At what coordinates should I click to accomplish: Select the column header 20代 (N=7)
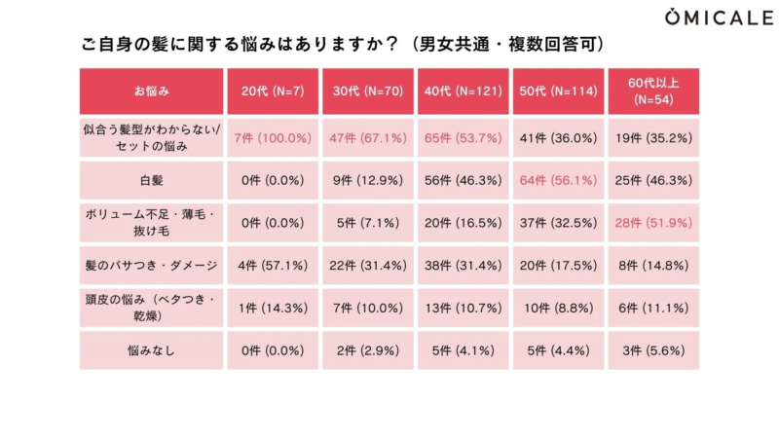point(273,91)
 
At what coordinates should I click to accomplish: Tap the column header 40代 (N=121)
point(463,91)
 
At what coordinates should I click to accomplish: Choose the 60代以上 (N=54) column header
point(653,91)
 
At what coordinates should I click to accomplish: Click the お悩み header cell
point(152,91)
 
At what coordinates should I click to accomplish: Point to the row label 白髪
point(152,181)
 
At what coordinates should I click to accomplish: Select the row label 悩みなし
point(152,351)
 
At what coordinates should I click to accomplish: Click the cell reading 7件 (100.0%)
point(273,138)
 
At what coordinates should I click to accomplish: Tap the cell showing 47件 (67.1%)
point(367,138)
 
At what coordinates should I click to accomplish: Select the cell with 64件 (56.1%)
point(558,181)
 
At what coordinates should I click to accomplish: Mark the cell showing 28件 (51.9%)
point(653,223)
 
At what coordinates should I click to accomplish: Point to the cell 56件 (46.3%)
point(463,181)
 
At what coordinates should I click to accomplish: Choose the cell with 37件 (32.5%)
point(558,223)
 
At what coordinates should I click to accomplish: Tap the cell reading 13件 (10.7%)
point(463,309)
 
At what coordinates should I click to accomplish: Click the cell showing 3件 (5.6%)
point(653,351)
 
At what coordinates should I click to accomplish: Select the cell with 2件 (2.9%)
point(367,351)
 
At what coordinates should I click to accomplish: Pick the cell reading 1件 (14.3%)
point(273,309)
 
